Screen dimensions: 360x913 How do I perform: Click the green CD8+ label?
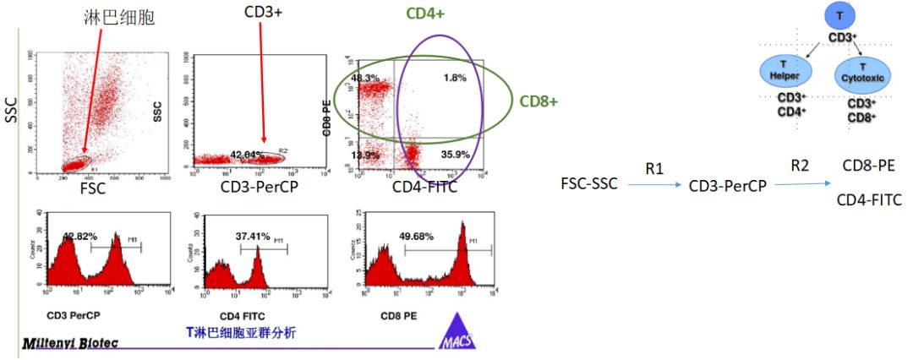539,101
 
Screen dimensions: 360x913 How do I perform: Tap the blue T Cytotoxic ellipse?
861,72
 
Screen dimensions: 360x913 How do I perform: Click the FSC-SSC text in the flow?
588,183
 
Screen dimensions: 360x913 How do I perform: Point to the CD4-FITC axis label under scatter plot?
425,186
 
